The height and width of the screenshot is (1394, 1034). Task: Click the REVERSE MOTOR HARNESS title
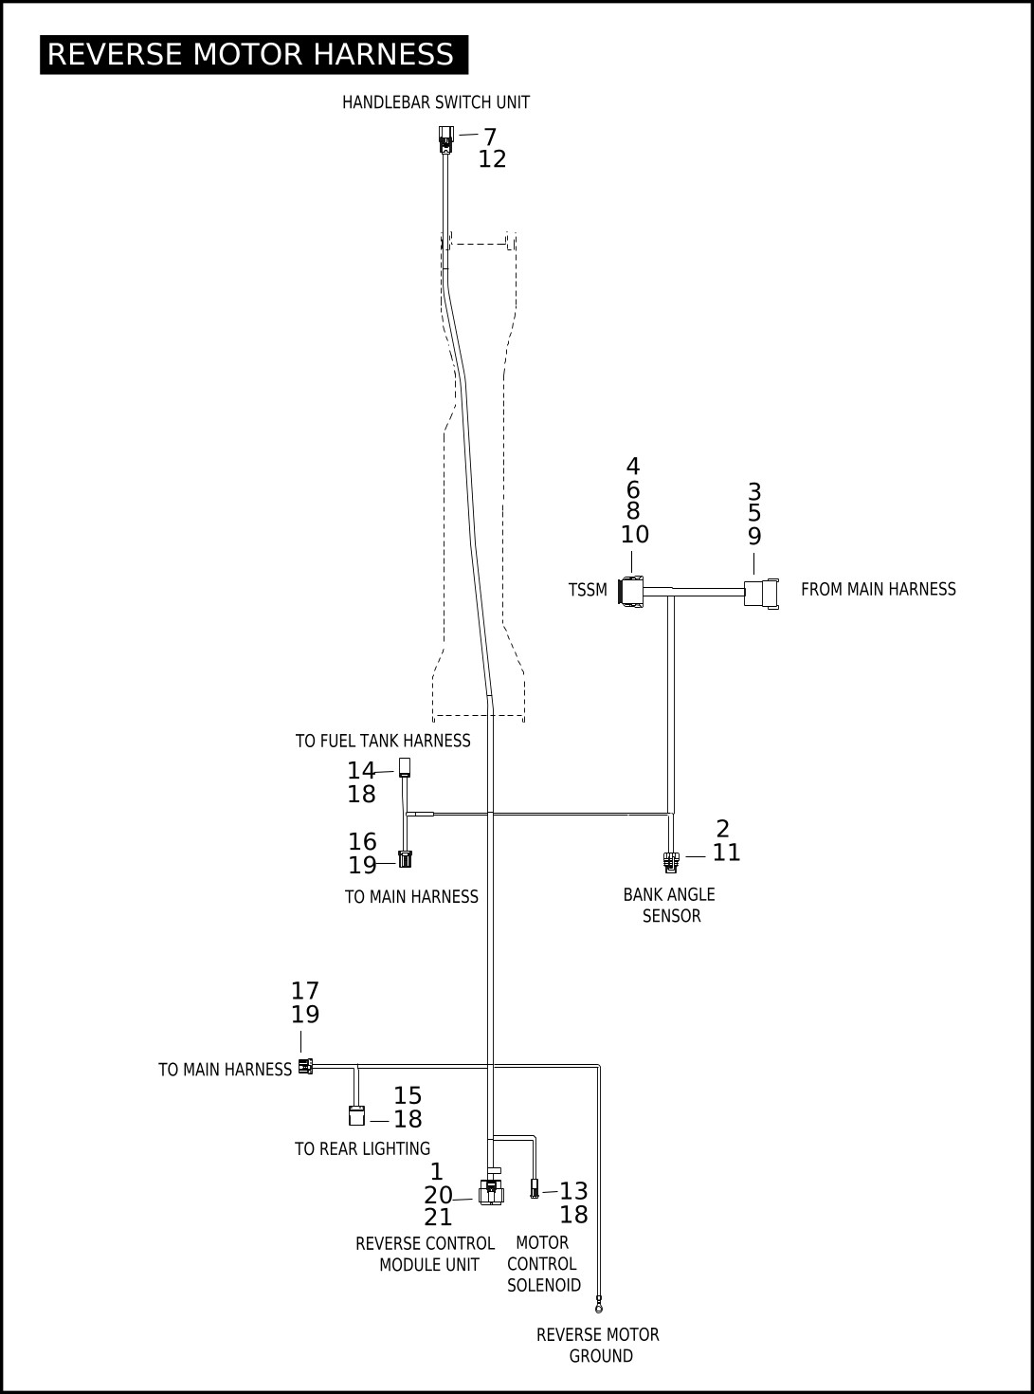254,55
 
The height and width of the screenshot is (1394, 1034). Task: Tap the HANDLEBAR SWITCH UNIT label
436,102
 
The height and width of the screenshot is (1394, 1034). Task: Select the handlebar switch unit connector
445,139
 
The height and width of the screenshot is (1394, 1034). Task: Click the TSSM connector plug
630,592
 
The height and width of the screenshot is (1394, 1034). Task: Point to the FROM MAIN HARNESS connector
761,593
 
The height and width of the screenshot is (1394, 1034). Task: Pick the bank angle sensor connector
671,862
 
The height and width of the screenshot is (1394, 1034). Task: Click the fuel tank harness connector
405,767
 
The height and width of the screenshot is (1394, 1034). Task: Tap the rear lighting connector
356,1115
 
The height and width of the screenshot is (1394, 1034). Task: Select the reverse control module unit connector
491,1191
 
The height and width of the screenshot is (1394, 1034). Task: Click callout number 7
490,137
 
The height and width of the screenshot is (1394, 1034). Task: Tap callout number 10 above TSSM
634,534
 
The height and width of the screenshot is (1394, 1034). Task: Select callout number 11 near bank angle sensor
726,853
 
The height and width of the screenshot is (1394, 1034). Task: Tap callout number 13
573,1190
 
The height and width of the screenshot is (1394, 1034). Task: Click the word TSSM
588,590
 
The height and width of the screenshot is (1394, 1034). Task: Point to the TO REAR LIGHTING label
362,1149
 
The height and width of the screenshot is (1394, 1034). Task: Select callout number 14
361,771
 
